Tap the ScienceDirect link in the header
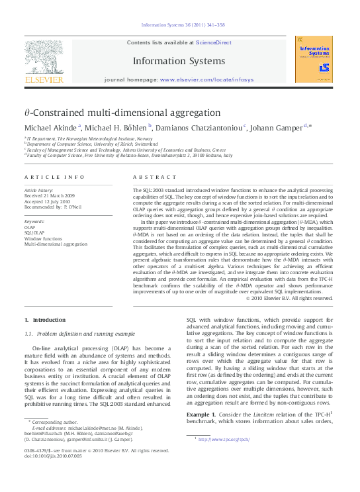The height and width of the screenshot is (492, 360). pyautogui.click(x=214, y=42)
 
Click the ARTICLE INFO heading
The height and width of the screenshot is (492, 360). pyautogui.click(x=54, y=177)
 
